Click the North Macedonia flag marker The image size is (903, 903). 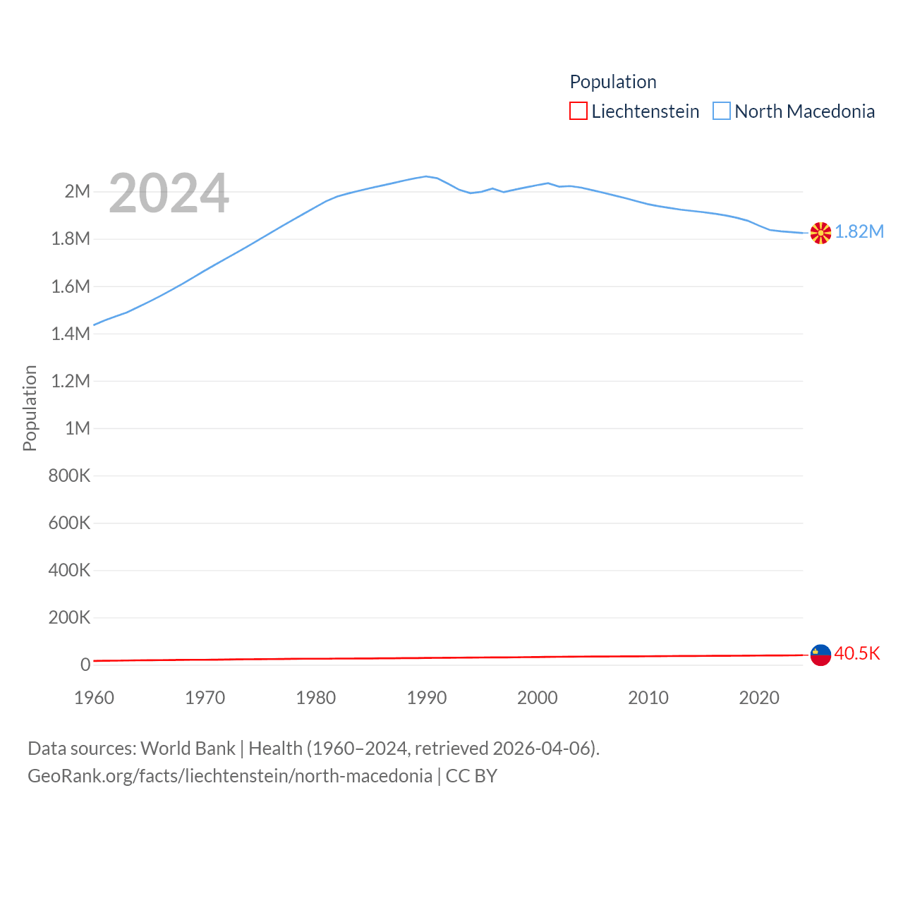pos(820,232)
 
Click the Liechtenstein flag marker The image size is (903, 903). pos(820,655)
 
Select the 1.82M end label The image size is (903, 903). pos(859,232)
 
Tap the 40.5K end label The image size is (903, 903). pos(857,653)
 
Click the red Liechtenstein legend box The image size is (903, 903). pos(578,111)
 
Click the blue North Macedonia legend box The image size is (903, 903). pos(721,111)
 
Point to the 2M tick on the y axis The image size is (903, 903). pos(78,191)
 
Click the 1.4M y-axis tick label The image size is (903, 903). pos(71,334)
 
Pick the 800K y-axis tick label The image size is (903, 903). pos(69,475)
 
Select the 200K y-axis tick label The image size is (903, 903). pos(69,618)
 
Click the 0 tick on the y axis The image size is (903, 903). pos(85,665)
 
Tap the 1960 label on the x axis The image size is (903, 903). pos(94,698)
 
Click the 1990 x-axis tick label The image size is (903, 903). pos(427,698)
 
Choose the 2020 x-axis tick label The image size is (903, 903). pos(759,698)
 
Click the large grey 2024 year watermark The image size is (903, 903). pos(169,193)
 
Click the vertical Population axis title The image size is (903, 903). pos(30,408)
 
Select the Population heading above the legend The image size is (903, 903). pos(613,82)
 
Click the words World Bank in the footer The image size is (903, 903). pos(188,748)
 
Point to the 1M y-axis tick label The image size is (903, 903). pos(78,428)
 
